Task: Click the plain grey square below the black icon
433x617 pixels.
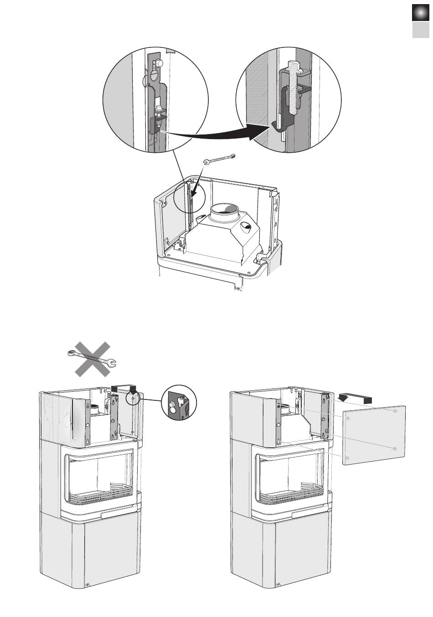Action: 420,30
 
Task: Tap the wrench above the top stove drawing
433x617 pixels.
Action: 219,159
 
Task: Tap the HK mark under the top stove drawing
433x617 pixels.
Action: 237,289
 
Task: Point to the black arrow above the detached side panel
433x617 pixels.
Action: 355,399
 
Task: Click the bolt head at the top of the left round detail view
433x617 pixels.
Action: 159,63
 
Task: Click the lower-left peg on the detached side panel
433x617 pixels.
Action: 348,458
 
